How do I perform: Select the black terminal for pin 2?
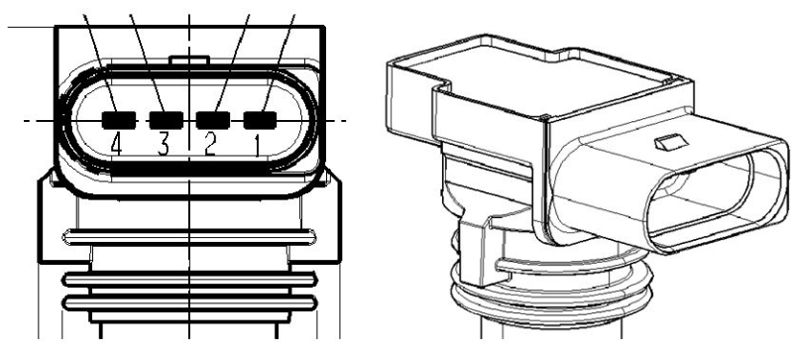[212, 120]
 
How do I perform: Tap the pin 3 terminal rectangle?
[164, 120]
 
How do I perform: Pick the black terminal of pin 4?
[117, 120]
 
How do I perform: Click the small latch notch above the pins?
[187, 60]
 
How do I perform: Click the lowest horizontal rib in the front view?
[188, 302]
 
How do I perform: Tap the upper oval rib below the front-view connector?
[188, 235]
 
